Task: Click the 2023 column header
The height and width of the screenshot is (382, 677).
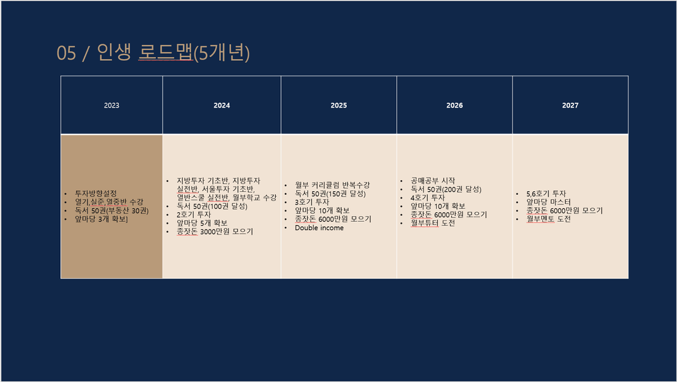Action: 111,105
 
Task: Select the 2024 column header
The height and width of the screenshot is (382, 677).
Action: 221,105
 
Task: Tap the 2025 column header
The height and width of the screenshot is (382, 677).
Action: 338,105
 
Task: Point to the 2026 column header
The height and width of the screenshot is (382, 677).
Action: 454,105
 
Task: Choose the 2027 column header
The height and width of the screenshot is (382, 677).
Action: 570,105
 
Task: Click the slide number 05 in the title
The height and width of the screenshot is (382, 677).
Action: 66,53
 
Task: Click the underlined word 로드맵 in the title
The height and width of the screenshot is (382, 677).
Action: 165,53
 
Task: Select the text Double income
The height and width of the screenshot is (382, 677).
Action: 319,228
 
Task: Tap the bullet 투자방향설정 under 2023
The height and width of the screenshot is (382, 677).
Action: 96,194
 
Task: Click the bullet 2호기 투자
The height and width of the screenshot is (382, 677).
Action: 193,214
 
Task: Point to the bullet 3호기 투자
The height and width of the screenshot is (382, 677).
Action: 312,202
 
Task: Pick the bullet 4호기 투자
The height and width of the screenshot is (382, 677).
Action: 427,197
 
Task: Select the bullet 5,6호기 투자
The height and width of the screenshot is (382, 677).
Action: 546,194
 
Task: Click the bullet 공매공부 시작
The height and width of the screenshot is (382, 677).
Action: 433,181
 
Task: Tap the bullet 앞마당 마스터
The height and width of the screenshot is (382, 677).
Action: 548,202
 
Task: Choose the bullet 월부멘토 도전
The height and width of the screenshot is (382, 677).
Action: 548,219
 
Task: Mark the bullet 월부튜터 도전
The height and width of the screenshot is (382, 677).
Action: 433,223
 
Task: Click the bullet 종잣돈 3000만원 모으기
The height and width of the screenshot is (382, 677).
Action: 214,231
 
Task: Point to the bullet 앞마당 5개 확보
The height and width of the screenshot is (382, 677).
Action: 202,223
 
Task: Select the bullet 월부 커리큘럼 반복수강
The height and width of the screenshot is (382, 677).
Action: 332,185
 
